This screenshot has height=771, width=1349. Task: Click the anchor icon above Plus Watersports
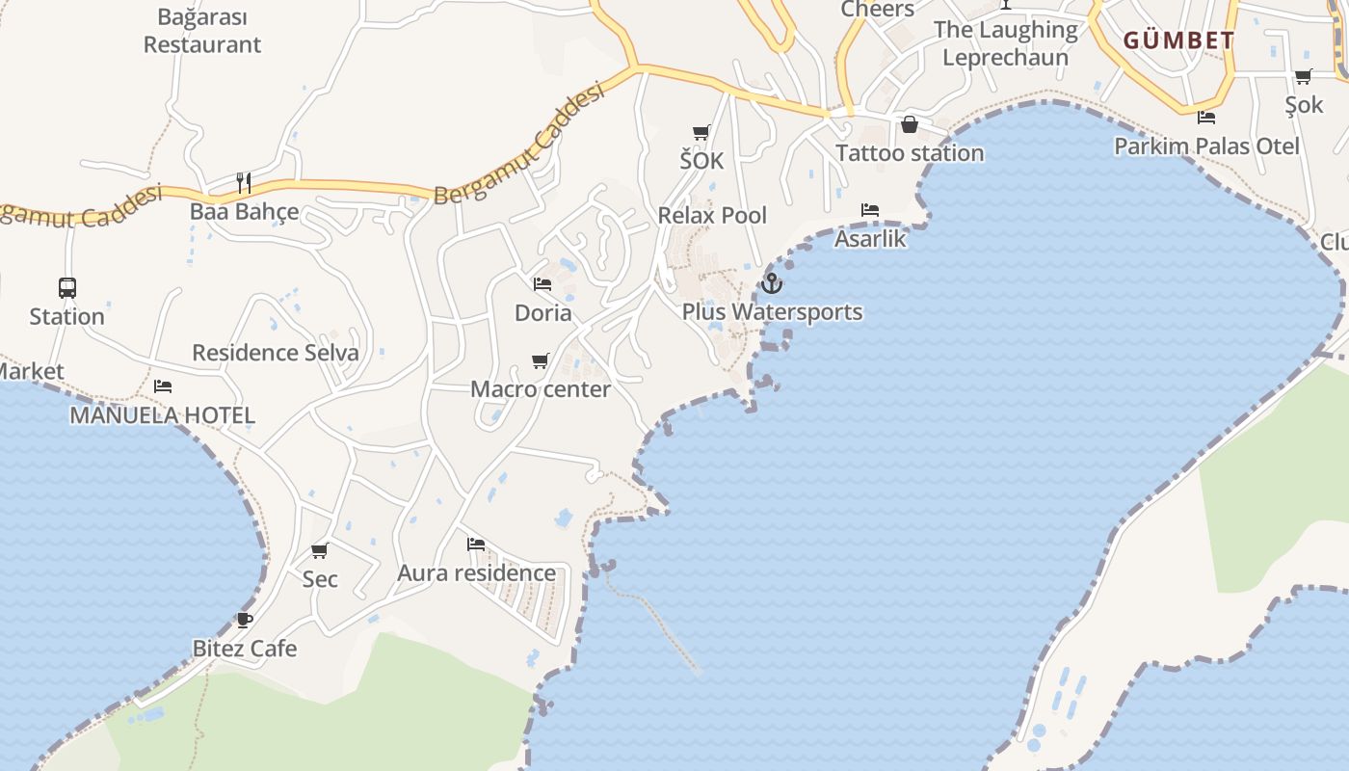click(771, 283)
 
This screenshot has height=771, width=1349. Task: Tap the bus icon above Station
click(67, 287)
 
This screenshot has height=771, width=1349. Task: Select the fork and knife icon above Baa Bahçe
click(244, 182)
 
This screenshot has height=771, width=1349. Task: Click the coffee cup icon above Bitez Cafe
click(244, 620)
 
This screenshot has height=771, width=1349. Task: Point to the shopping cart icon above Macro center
click(541, 361)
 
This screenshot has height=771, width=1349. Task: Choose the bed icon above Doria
click(542, 284)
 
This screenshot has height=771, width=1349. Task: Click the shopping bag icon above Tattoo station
click(909, 124)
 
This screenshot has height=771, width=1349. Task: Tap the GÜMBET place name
click(1178, 40)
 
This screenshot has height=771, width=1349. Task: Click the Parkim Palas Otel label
click(1206, 146)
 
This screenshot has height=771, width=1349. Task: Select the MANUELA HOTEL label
click(162, 415)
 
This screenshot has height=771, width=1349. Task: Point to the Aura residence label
click(476, 573)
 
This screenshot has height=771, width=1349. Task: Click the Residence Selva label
click(276, 353)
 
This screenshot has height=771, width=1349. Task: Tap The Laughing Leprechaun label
click(1005, 43)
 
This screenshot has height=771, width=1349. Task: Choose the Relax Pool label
click(712, 215)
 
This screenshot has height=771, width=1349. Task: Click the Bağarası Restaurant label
click(202, 31)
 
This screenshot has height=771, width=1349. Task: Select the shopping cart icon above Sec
click(320, 550)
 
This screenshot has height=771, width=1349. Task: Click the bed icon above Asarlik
click(870, 209)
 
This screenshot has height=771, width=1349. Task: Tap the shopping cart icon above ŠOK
click(701, 132)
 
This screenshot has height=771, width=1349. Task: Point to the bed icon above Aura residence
click(476, 545)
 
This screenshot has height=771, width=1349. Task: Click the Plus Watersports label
click(772, 312)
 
